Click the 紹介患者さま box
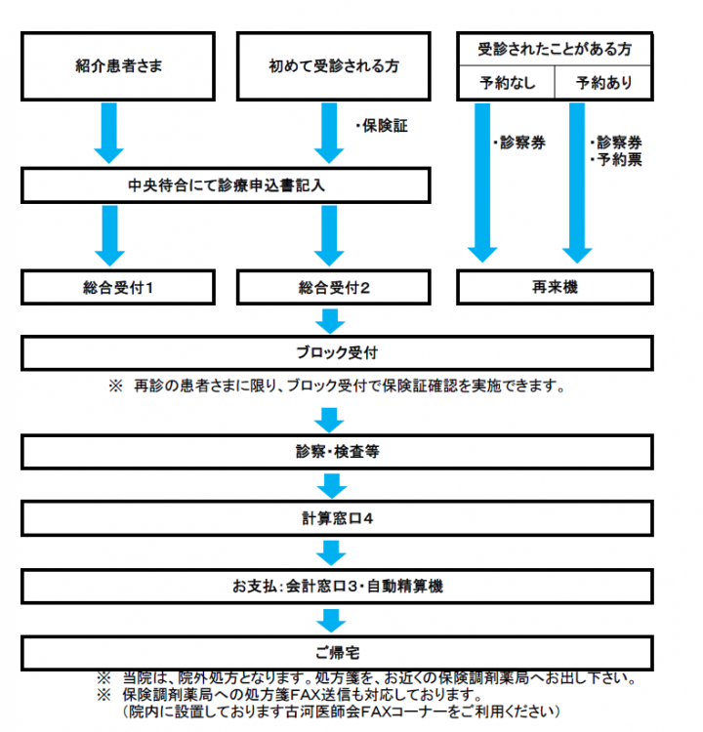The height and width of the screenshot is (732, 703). [x=118, y=66]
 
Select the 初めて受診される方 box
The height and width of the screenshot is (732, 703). [x=334, y=66]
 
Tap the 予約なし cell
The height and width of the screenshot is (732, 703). [x=506, y=83]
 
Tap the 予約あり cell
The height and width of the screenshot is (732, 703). [x=603, y=83]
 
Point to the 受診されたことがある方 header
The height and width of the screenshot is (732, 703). [x=555, y=49]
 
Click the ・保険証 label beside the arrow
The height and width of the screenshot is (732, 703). [x=380, y=126]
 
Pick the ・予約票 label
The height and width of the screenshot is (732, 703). [x=615, y=160]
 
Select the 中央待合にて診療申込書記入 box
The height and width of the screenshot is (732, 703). [x=226, y=185]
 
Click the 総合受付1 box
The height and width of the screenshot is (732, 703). [x=118, y=287]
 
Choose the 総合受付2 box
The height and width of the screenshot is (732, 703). [x=334, y=287]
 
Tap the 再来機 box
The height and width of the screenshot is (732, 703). [x=555, y=287]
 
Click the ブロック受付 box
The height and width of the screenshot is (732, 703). [x=337, y=353]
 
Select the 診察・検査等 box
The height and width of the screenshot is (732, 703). [x=337, y=452]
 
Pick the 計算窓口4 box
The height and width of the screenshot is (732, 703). [x=337, y=518]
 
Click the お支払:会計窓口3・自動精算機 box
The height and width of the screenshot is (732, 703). [x=337, y=586]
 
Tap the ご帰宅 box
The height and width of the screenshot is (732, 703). [x=337, y=653]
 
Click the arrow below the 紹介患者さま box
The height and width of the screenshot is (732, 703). [x=108, y=133]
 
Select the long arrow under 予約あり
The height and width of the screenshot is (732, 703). [x=577, y=183]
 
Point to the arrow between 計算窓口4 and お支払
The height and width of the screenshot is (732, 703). [x=331, y=552]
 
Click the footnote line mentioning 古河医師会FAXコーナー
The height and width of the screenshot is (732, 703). [x=342, y=712]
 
